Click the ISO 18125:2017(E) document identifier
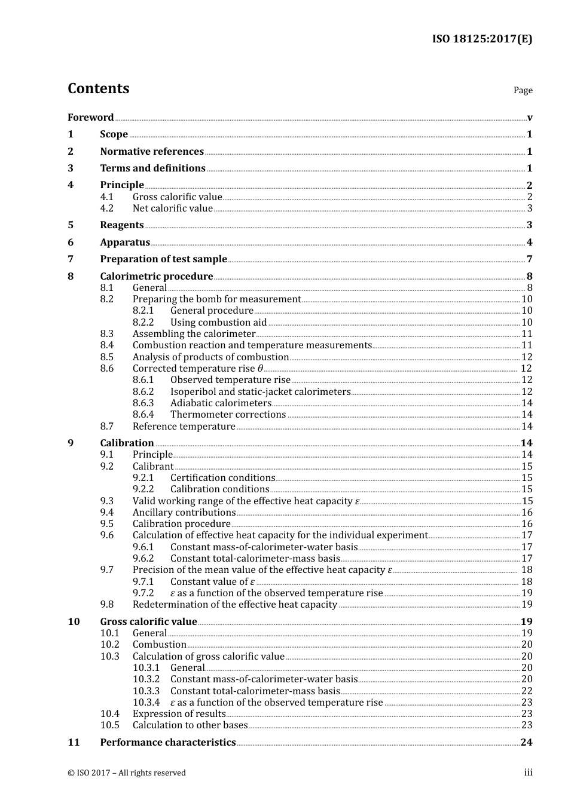(482, 39)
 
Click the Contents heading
(98, 88)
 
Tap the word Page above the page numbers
(523, 90)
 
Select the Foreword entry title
(90, 118)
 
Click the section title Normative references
(152, 152)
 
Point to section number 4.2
(106, 209)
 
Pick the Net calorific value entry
(172, 209)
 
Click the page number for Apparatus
(529, 243)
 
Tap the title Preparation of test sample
(163, 259)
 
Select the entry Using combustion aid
(218, 323)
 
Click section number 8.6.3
(143, 403)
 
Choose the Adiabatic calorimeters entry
(221, 403)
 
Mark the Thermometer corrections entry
(228, 415)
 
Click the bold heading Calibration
(127, 443)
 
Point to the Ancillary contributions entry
(184, 513)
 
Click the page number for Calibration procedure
(527, 524)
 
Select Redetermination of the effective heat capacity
(234, 605)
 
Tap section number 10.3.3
(146, 691)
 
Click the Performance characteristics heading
(167, 743)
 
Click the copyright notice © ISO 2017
(126, 773)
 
